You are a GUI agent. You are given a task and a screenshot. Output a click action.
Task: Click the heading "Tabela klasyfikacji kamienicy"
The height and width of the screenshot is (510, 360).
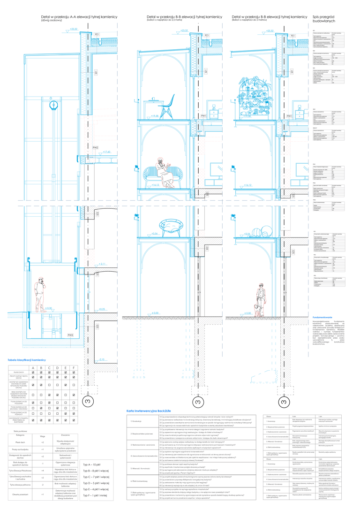point(27,360)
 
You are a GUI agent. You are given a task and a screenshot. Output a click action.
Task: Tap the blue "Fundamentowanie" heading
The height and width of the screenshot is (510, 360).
point(323,317)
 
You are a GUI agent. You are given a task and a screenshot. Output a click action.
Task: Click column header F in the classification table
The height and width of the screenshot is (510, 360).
point(74,367)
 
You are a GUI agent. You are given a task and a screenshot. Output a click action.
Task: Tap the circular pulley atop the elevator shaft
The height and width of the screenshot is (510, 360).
point(54,104)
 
